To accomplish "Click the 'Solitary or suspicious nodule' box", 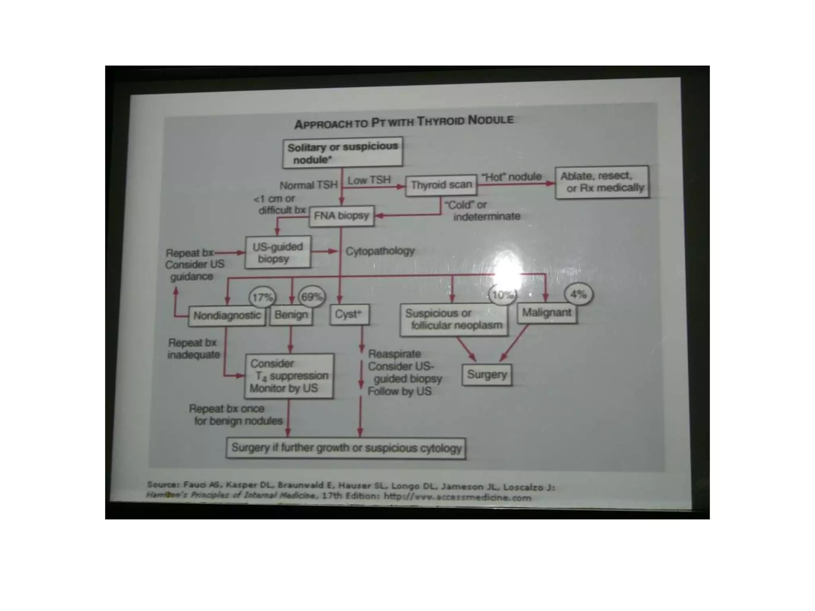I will [342, 152].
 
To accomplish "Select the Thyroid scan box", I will [441, 185].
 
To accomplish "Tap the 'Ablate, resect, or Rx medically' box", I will [602, 182].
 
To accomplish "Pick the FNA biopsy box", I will [341, 216].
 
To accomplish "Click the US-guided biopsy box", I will [278, 252].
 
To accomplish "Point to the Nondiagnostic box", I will [227, 316].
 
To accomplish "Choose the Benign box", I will [291, 315].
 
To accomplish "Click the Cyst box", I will [349, 314].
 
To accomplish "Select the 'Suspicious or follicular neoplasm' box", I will [454, 319].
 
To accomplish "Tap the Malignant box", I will [546, 313].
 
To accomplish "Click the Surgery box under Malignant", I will [487, 374].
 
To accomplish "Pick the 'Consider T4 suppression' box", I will [289, 376].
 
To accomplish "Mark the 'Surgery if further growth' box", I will [346, 448].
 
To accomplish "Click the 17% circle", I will [262, 297].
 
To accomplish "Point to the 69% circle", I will [312, 297].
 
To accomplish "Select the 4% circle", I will [578, 294].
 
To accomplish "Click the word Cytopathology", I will [380, 251].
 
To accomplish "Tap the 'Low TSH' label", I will [369, 180].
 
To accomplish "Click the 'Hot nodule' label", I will [511, 177].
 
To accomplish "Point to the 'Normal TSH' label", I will [308, 185].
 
